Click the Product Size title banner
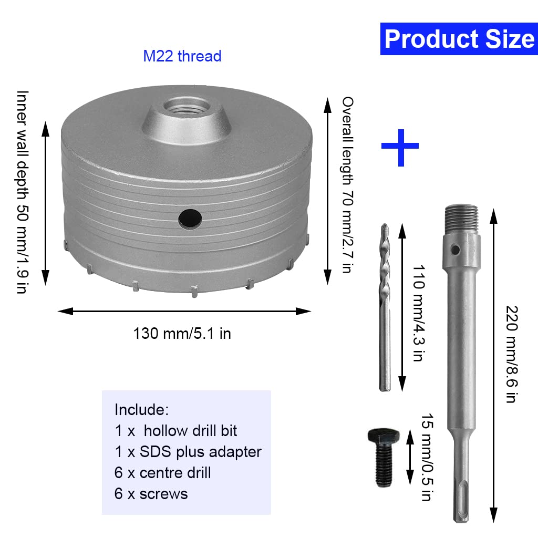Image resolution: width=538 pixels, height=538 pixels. [x=459, y=39]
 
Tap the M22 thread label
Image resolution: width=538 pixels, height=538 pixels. [x=182, y=56]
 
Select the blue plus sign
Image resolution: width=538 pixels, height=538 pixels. [x=400, y=146]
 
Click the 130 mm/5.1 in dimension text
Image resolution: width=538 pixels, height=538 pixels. [x=182, y=333]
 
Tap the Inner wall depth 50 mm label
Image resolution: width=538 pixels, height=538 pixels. [x=22, y=192]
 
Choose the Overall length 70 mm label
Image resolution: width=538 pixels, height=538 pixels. [x=347, y=184]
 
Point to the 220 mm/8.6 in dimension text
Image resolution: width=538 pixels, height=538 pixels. [x=509, y=354]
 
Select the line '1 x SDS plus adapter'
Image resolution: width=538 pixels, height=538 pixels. [x=188, y=451]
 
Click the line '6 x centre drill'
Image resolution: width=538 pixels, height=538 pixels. [x=162, y=472]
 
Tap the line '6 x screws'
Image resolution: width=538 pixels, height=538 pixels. [x=151, y=493]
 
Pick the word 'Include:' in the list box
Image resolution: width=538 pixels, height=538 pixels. [x=141, y=409]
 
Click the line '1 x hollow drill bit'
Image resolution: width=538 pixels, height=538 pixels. [x=175, y=431]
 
